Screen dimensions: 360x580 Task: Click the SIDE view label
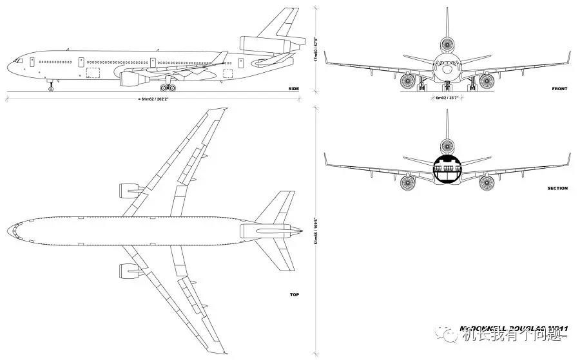pyautogui.click(x=293, y=88)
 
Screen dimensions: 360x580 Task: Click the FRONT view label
pyautogui.click(x=559, y=88)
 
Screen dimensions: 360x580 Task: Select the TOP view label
pyautogui.click(x=294, y=294)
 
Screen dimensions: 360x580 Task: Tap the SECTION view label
pyautogui.click(x=557, y=188)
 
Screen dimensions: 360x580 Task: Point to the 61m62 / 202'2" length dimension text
pyautogui.click(x=155, y=99)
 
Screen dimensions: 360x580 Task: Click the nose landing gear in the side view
pyautogui.click(x=51, y=86)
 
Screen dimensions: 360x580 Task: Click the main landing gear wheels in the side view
pyautogui.click(x=168, y=87)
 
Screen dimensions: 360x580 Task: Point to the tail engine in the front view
pyautogui.click(x=447, y=45)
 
